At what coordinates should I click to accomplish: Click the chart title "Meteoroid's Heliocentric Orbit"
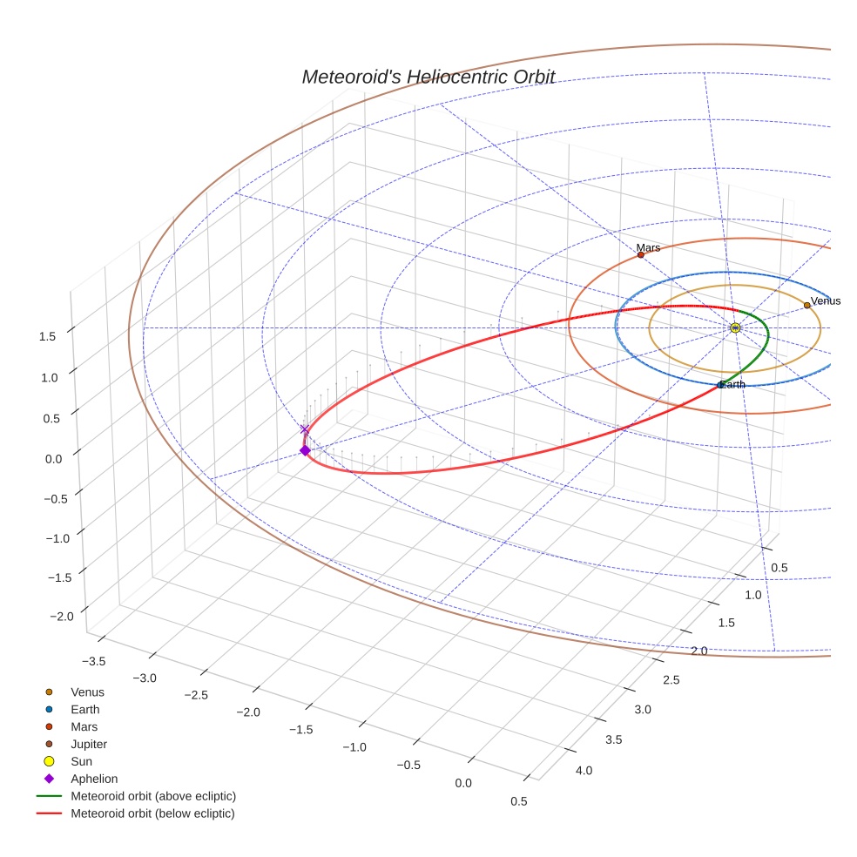[428, 77]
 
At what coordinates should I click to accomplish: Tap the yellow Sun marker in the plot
[735, 327]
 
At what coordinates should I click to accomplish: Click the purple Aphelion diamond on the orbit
[305, 450]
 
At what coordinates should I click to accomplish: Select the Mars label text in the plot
[648, 248]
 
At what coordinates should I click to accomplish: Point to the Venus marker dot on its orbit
[806, 306]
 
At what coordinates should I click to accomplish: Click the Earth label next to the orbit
[732, 385]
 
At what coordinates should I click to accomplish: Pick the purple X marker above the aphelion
[305, 429]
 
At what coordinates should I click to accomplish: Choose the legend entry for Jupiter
[89, 744]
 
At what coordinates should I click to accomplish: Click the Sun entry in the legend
[82, 761]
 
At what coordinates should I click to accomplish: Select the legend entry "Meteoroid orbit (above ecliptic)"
[153, 796]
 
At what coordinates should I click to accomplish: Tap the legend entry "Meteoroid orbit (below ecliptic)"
[153, 813]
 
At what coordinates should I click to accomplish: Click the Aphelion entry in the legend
[94, 779]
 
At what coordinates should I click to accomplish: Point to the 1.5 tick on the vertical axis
[49, 336]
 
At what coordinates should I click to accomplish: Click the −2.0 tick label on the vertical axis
[62, 617]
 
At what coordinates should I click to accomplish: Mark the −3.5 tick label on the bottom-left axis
[92, 662]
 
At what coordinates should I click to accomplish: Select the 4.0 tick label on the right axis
[584, 771]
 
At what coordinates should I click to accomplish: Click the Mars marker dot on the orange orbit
[641, 255]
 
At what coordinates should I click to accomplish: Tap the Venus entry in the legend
[87, 692]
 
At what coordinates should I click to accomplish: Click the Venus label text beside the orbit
[826, 301]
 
